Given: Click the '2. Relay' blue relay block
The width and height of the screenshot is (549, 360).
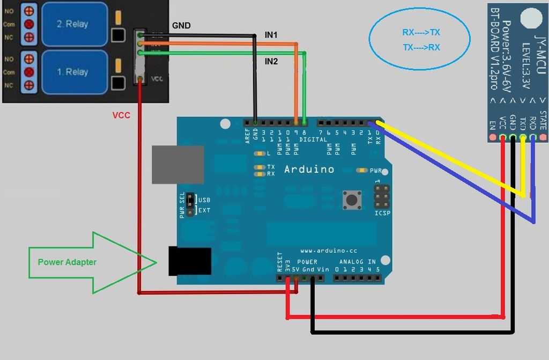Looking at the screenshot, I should (72, 24).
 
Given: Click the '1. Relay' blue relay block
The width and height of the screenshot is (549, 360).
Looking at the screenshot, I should (72, 72).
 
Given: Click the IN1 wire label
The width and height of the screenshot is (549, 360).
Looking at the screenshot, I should (271, 35).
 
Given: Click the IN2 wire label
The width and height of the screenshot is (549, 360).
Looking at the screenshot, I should (271, 62).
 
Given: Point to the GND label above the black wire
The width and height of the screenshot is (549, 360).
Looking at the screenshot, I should (181, 26).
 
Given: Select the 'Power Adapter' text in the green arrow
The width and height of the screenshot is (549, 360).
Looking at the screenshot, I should (67, 262).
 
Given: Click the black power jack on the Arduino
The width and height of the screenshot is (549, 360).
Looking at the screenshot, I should (189, 261).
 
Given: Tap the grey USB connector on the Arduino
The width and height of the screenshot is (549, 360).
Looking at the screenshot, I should (177, 164).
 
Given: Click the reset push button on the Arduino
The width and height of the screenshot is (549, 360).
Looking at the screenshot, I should (352, 200).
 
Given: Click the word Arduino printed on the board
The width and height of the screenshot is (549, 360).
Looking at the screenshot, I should (309, 170).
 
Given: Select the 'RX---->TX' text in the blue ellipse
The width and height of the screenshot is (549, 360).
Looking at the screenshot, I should (421, 33).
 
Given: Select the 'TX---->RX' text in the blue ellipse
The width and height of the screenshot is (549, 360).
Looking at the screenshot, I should (421, 48).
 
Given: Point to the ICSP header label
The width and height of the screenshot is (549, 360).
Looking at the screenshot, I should (383, 214).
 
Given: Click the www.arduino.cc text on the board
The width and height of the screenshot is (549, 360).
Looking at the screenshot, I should (329, 251).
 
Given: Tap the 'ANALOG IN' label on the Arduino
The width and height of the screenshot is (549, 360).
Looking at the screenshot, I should (356, 262).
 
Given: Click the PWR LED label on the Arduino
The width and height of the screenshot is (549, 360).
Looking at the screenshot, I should (376, 171).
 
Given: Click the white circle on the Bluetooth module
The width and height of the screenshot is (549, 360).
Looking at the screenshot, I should (531, 18).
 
